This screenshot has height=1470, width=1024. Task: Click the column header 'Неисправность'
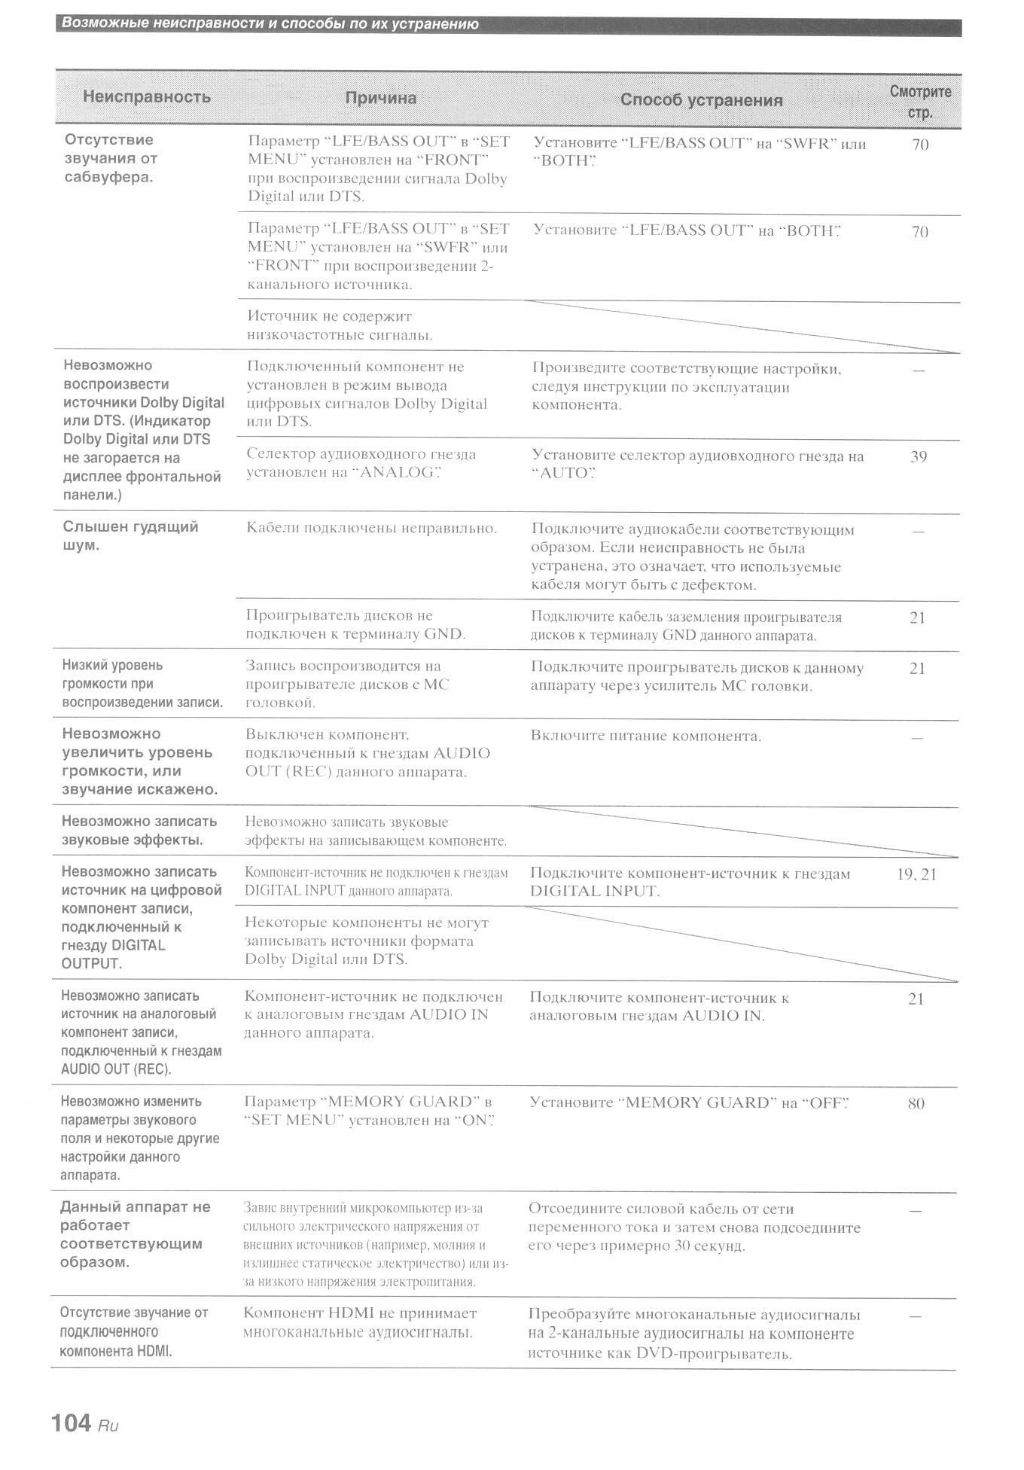point(146,96)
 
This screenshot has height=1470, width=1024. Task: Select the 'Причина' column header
point(380,98)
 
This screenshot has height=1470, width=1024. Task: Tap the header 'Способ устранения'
point(701,100)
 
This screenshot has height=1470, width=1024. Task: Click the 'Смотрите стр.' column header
point(920,102)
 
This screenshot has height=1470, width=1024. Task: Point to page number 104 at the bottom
point(72,1422)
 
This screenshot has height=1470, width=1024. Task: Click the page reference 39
point(919,456)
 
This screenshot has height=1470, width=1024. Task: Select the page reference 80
point(916,1103)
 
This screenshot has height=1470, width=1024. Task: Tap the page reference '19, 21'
point(916,874)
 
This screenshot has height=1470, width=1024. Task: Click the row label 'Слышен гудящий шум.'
point(130,535)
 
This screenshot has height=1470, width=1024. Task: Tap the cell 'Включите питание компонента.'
point(645,736)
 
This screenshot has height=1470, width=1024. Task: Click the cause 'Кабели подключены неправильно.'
point(371,528)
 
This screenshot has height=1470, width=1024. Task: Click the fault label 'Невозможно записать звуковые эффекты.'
point(139,830)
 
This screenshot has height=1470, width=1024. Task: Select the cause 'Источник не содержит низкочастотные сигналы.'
point(340,325)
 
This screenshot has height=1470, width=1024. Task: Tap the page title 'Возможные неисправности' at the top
point(270,24)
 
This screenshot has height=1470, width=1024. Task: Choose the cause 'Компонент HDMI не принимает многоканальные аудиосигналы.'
point(360,1322)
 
